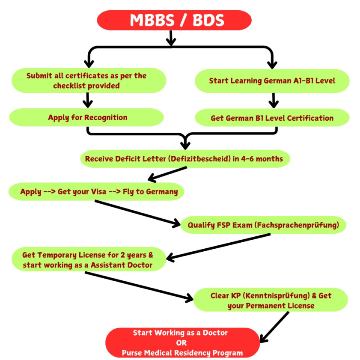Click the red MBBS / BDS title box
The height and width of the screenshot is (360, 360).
[174, 20]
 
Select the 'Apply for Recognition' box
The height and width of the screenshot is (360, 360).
[87, 117]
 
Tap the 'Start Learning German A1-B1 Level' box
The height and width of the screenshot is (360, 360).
[272, 80]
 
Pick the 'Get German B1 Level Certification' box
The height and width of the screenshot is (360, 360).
[272, 118]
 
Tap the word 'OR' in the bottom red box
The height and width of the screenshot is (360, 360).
[181, 342]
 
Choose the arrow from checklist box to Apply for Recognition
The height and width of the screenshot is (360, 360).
[87, 100]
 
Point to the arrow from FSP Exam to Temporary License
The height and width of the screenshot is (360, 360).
[218, 246]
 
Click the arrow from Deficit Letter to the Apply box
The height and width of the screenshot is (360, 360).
[167, 173]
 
